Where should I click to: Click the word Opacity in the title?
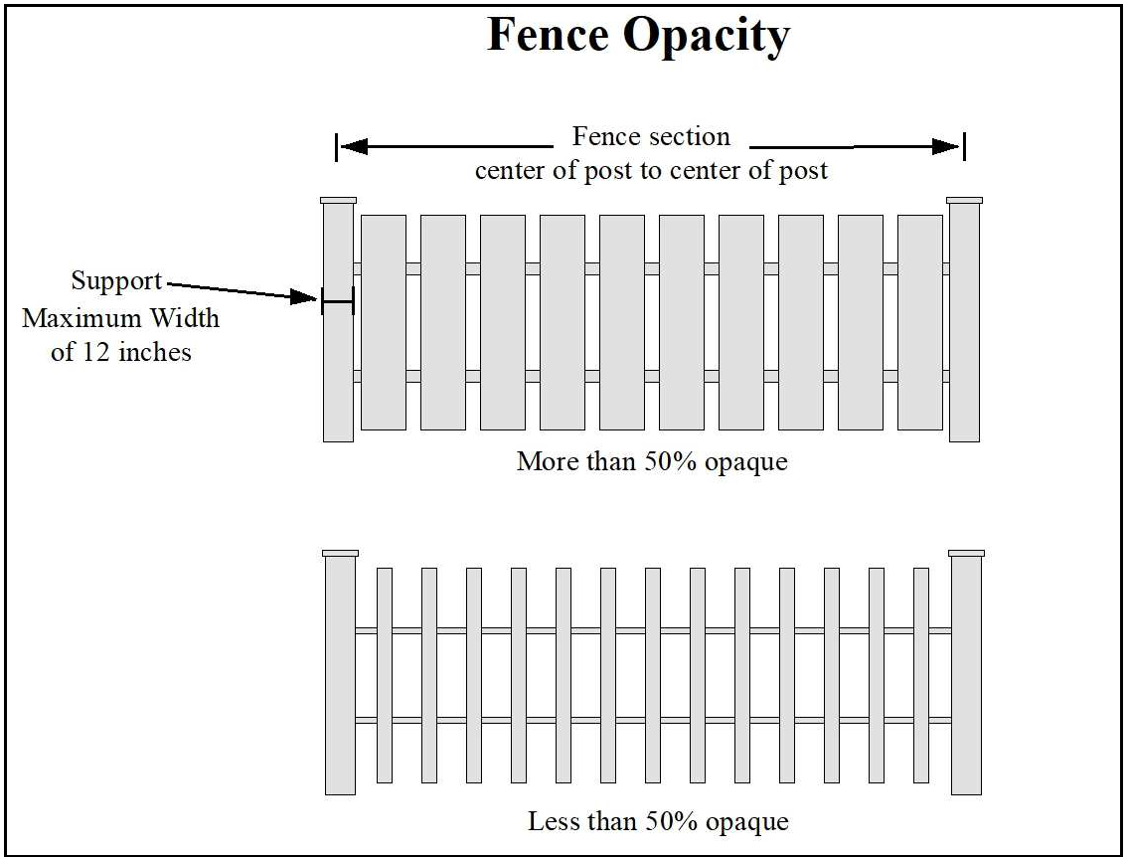click(x=707, y=37)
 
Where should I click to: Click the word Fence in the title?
click(x=548, y=35)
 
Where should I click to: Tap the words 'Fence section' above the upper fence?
click(x=651, y=137)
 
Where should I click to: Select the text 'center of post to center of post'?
click(x=651, y=170)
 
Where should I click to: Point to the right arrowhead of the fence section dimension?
click(x=946, y=147)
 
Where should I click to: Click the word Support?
click(x=116, y=281)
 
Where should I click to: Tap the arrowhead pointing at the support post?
click(x=305, y=296)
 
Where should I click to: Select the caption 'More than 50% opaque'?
click(x=651, y=462)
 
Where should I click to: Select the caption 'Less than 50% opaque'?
click(x=657, y=822)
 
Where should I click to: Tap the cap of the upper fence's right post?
click(x=964, y=201)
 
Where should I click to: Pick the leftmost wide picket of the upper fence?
click(x=384, y=322)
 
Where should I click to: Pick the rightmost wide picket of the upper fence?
click(x=919, y=322)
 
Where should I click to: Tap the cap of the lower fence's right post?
click(x=966, y=553)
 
